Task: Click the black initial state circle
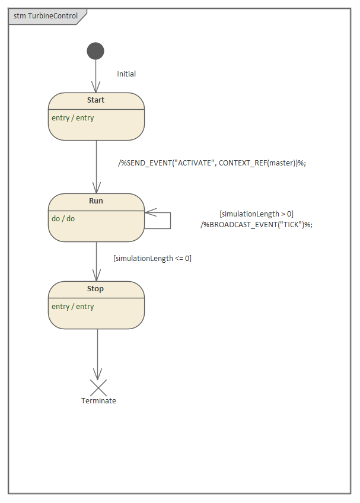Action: [95, 51]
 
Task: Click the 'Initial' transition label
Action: [126, 74]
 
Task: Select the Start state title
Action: [95, 100]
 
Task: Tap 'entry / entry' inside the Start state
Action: [73, 118]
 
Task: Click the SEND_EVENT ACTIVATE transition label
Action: [212, 163]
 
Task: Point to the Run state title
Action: [95, 201]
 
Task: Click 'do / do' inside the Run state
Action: [63, 219]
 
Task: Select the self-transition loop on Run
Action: [170, 219]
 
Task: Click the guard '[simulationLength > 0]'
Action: [256, 214]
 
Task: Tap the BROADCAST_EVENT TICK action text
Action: [256, 224]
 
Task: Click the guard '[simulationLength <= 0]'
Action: [152, 258]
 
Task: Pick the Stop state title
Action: [95, 289]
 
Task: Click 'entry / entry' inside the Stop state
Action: [73, 307]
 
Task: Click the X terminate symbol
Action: [98, 387]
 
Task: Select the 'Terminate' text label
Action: [98, 401]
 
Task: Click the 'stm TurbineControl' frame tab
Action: [46, 16]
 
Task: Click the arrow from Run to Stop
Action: [96, 261]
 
